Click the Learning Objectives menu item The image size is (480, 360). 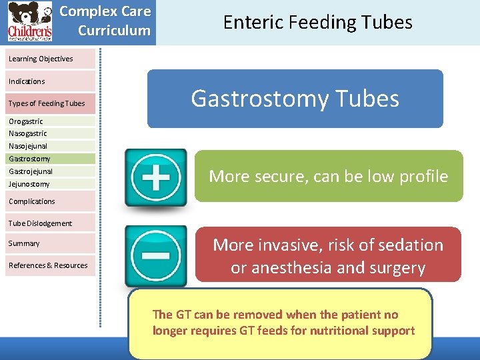pyautogui.click(x=41, y=59)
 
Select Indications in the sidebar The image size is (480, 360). pyautogui.click(x=27, y=81)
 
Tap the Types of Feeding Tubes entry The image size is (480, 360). pyautogui.click(x=47, y=103)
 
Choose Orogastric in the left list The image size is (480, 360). pyautogui.click(x=26, y=121)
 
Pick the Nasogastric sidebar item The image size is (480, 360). pyautogui.click(x=28, y=133)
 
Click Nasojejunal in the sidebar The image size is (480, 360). pyautogui.click(x=28, y=146)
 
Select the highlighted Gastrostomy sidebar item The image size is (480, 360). pyautogui.click(x=30, y=159)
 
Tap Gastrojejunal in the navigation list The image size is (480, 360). pyautogui.click(x=31, y=171)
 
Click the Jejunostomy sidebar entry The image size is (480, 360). pyautogui.click(x=29, y=184)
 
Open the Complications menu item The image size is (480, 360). pyautogui.click(x=32, y=201)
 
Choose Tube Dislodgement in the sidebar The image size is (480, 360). pyautogui.click(x=41, y=223)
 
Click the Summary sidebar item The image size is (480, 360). pyautogui.click(x=25, y=243)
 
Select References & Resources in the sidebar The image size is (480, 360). pyautogui.click(x=48, y=265)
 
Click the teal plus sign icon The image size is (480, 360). pyautogui.click(x=155, y=177)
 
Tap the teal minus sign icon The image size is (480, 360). pyautogui.click(x=155, y=255)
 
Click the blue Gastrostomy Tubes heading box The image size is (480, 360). pyautogui.click(x=295, y=99)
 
